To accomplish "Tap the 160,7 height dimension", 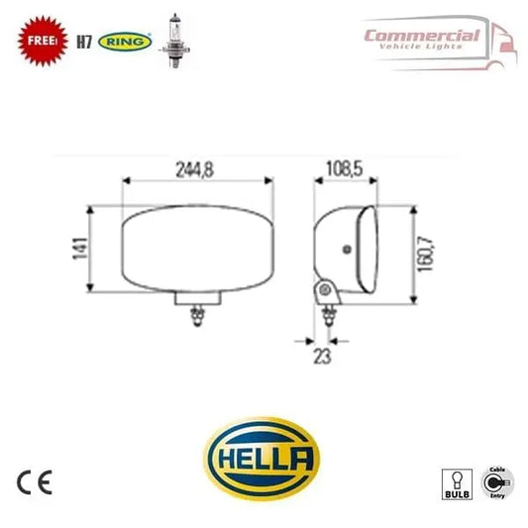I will point(425,250).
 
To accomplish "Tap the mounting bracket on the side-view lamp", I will point(323,291).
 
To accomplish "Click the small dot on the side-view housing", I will point(347,249).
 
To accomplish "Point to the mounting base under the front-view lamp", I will point(196,298).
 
